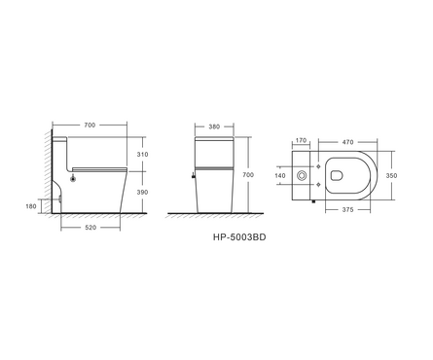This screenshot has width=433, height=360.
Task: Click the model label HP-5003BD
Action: click(239, 237)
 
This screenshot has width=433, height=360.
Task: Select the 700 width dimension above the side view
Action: click(90, 125)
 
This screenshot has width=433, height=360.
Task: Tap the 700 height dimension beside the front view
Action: click(248, 175)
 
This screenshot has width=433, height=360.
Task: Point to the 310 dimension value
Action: click(142, 155)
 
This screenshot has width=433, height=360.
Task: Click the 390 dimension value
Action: click(142, 192)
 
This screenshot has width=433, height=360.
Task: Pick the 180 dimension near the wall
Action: click(31, 206)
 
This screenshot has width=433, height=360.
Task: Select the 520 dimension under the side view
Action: click(90, 228)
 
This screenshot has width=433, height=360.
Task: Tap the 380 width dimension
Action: click(214, 126)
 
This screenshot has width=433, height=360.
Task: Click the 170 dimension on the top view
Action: click(301, 140)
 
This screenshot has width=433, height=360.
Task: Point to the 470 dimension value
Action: click(347, 142)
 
